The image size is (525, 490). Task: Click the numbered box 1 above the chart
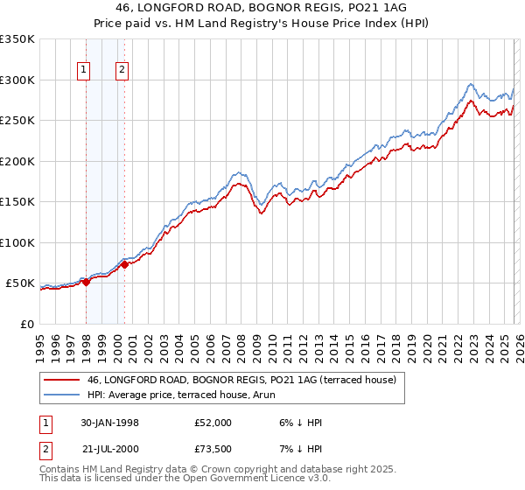pos(84,71)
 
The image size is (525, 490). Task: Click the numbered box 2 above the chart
pos(122,71)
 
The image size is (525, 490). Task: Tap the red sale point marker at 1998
pos(87,282)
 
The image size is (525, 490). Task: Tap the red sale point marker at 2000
pos(125,264)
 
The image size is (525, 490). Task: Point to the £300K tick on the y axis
pos(17,80)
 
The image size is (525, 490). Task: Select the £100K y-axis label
pos(17,242)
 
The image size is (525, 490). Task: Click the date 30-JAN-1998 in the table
pos(109,422)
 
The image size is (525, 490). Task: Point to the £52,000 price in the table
pos(213,422)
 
